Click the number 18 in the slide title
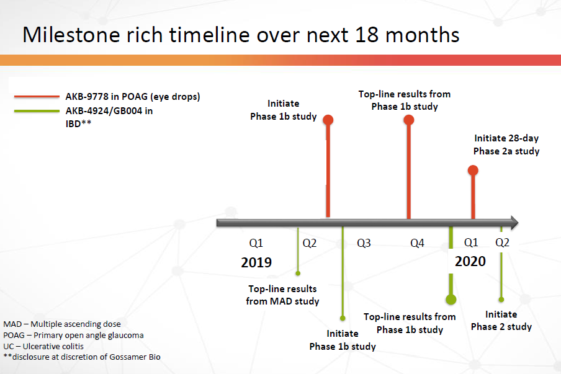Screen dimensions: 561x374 point(367,35)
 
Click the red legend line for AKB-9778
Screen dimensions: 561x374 point(37,97)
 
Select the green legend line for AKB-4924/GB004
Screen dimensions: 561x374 point(37,111)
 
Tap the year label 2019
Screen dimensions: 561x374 point(256,262)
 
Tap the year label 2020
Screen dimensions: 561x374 point(470,261)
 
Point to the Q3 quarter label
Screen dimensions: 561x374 point(364,243)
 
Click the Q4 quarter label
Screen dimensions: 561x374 point(417,243)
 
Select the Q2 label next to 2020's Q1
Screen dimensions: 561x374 point(502,243)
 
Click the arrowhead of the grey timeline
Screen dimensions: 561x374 point(514,223)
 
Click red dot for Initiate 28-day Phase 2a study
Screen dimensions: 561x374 point(473,170)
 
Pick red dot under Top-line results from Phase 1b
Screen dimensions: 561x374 point(409,120)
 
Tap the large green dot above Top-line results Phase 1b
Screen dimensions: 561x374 point(451,300)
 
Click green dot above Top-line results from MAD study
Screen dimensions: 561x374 point(298,273)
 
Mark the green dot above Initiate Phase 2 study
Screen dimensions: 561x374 point(501,300)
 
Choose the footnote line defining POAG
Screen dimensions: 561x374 point(73,336)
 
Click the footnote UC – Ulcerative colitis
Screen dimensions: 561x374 point(43,347)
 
